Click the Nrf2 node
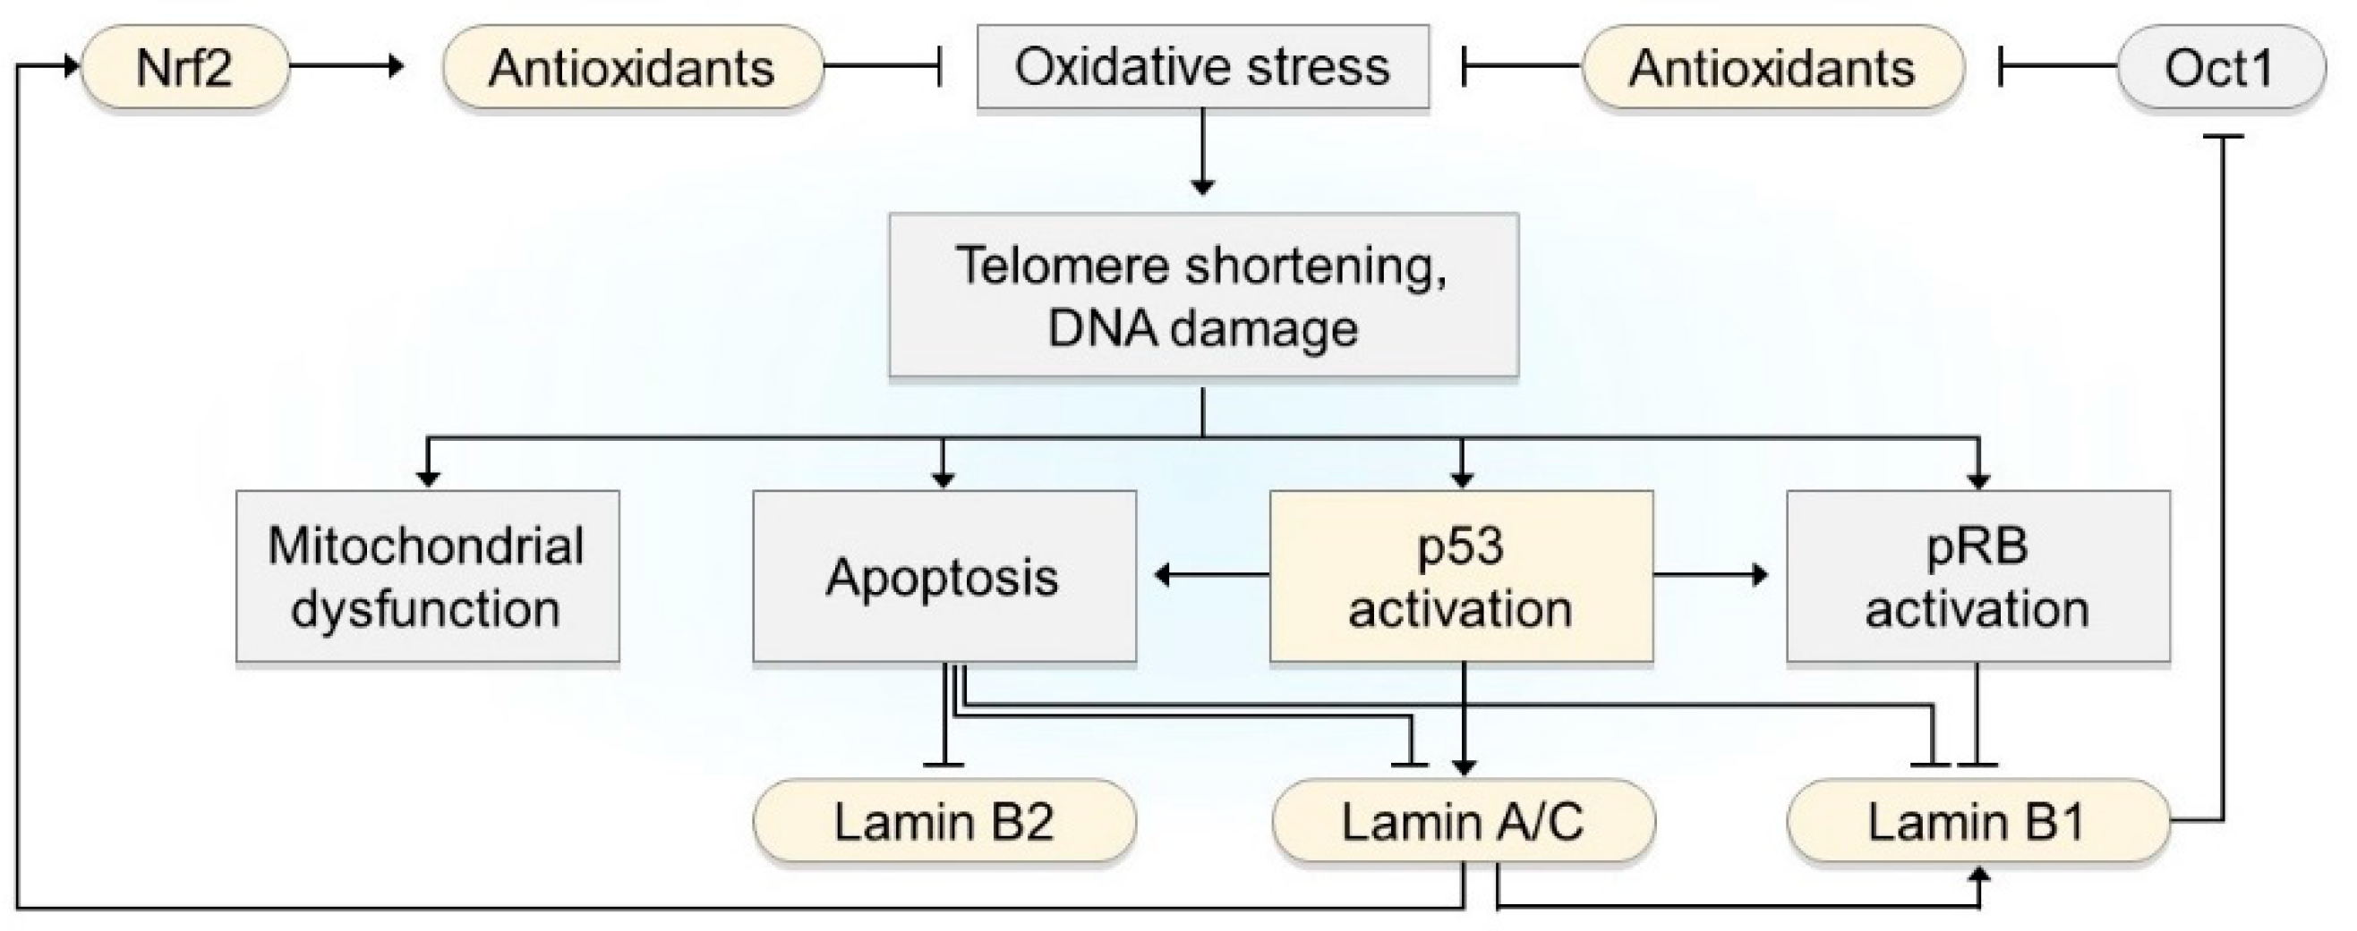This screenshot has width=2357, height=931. pyautogui.click(x=184, y=68)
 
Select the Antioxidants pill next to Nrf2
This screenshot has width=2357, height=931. pyautogui.click(x=631, y=68)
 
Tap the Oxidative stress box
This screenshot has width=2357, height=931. pyautogui.click(x=1202, y=67)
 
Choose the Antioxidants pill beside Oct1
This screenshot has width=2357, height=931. pyautogui.click(x=1772, y=68)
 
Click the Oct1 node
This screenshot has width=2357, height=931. pyautogui.click(x=2220, y=68)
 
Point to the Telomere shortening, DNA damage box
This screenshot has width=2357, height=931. pyautogui.click(x=1202, y=295)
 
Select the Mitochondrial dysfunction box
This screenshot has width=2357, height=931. pyautogui.click(x=426, y=576)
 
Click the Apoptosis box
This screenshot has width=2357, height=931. pyautogui.click(x=944, y=576)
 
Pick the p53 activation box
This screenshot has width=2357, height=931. pyautogui.click(x=1460, y=576)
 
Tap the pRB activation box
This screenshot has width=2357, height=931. pyautogui.click(x=1977, y=576)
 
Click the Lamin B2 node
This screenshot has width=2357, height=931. pyautogui.click(x=944, y=821)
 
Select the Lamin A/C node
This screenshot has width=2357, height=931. pyautogui.click(x=1462, y=821)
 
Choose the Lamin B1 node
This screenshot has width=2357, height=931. pyautogui.click(x=1977, y=821)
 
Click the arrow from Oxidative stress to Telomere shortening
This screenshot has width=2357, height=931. pyautogui.click(x=1202, y=151)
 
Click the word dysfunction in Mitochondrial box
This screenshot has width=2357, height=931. pyautogui.click(x=426, y=609)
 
